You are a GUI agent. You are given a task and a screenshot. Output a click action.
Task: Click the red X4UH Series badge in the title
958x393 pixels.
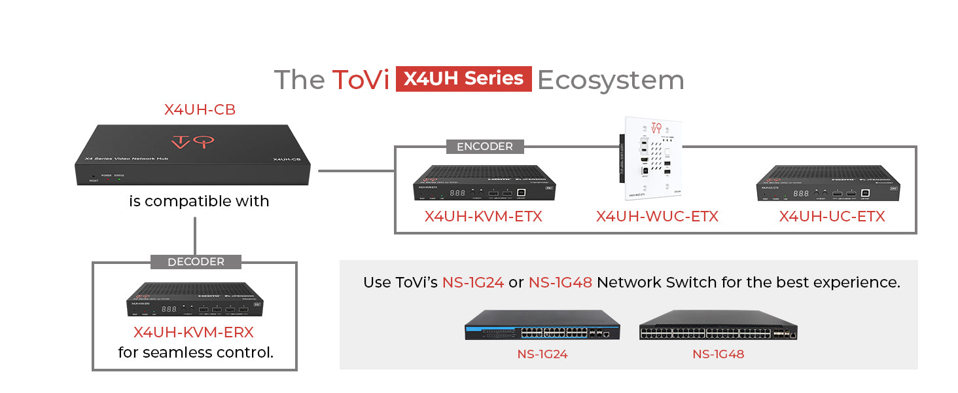[x=463, y=79]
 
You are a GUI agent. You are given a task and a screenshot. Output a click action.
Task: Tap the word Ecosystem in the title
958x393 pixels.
[x=611, y=80]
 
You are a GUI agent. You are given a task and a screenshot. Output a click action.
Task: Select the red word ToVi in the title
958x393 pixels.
[x=361, y=80]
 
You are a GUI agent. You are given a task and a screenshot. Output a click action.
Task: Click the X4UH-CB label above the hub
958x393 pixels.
[x=200, y=110]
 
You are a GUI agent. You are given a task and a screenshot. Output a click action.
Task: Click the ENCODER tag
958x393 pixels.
[x=485, y=147]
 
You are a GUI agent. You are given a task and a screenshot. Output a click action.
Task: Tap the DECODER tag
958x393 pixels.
[x=196, y=262]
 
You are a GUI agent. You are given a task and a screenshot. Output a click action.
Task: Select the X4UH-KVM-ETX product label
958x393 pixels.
[x=483, y=216]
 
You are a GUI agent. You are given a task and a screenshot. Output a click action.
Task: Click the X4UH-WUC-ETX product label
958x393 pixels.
[x=657, y=216]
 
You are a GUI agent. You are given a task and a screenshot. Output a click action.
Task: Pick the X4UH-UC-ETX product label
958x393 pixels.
[x=832, y=216]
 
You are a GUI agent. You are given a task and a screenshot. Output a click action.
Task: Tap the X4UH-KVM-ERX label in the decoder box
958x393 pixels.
[x=194, y=332]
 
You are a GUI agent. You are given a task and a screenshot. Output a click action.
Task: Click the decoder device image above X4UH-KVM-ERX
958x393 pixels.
[x=195, y=300]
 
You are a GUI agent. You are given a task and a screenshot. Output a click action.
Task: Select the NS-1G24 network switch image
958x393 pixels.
[x=542, y=326]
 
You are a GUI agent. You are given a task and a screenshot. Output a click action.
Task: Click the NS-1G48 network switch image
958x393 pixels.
[x=718, y=326]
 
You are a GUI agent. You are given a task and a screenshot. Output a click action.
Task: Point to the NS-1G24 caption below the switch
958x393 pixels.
[x=542, y=354]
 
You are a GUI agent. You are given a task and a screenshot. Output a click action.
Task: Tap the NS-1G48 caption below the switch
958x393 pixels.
[x=718, y=354]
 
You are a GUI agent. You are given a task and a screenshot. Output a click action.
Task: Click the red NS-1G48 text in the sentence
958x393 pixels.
[x=560, y=282]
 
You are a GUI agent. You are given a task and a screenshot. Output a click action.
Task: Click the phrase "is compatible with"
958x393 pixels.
[x=199, y=201]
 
